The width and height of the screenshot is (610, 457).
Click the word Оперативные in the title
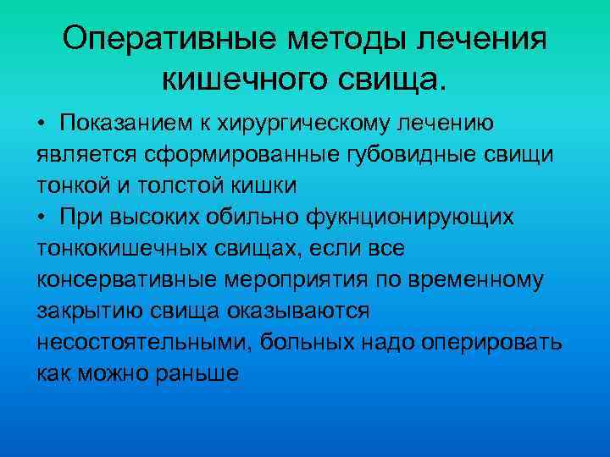point(160,39)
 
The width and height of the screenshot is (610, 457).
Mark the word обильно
point(248,217)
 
